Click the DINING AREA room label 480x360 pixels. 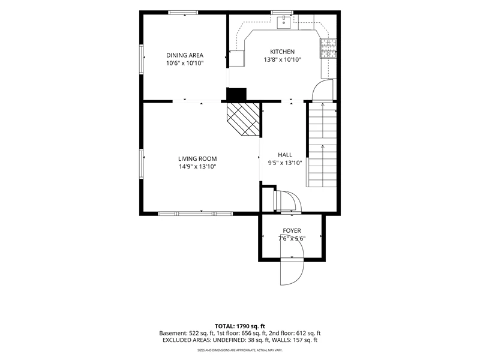tap(185, 55)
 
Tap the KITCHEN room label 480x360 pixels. tap(282, 52)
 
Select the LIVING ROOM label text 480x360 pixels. tap(197, 158)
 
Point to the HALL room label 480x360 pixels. tap(285, 155)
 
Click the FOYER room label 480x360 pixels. tap(292, 230)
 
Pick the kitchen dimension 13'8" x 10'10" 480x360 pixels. tap(282, 59)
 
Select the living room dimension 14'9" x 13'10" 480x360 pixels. tap(197, 167)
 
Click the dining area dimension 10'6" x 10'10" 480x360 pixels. tap(185, 64)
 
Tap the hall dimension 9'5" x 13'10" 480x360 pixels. tap(285, 163)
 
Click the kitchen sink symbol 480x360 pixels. tap(284, 22)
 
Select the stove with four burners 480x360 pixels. tap(328, 49)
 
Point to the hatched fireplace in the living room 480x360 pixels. tap(243, 119)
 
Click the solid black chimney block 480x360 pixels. tap(236, 94)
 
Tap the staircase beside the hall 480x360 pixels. tap(322, 145)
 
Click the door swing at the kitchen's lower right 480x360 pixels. tap(322, 90)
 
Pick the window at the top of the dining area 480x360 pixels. tap(183, 13)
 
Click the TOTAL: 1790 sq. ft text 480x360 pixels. tap(240, 326)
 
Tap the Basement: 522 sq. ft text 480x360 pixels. tap(187, 334)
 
